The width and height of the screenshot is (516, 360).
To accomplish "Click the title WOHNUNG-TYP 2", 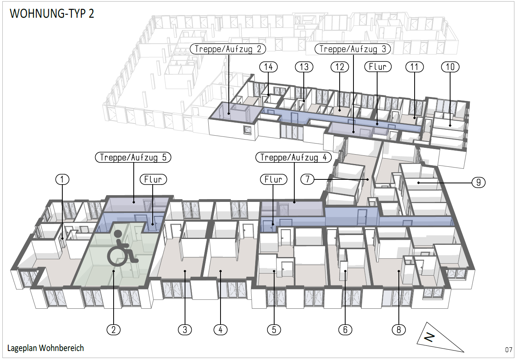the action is (52, 13).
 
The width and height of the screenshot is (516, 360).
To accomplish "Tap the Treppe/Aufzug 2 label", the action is (228, 49).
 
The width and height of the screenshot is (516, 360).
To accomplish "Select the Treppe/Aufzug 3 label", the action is (353, 49).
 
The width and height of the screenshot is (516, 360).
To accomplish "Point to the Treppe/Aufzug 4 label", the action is (294, 157).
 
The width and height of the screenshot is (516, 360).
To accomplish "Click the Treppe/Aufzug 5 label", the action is (133, 157).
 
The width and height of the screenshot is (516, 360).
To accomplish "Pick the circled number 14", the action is (268, 67).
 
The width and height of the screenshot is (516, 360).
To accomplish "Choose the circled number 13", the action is (304, 67).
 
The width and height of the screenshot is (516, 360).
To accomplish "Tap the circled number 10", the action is (450, 67).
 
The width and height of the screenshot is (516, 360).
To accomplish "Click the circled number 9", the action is (479, 183).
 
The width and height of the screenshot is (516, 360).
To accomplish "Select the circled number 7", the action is (308, 179).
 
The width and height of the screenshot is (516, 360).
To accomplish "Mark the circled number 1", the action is (62, 179).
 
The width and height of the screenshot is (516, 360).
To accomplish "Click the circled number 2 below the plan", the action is (114, 330).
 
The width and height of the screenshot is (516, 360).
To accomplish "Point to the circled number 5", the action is (274, 330).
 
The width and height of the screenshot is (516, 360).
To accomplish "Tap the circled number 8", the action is (399, 330).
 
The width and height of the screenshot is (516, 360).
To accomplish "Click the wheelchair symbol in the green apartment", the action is (121, 248).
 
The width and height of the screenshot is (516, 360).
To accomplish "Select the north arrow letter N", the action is (429, 338).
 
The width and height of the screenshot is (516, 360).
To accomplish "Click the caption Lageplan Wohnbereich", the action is (46, 348).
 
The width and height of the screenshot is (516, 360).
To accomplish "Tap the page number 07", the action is (509, 350).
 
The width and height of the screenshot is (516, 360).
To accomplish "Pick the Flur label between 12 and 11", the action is (378, 67).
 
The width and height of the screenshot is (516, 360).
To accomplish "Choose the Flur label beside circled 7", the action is (274, 179).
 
